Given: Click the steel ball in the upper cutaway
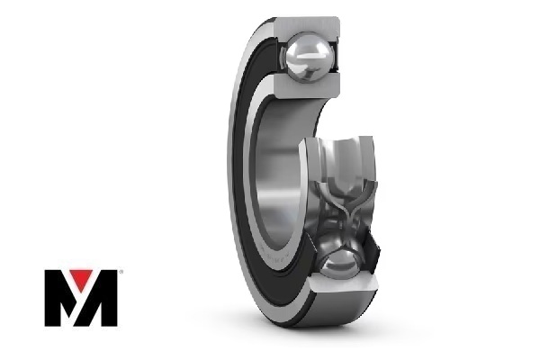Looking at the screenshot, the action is pos(308,57).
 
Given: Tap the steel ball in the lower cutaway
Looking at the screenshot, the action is pos(339,265).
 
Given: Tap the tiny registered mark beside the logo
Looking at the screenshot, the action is pos(121,272).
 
